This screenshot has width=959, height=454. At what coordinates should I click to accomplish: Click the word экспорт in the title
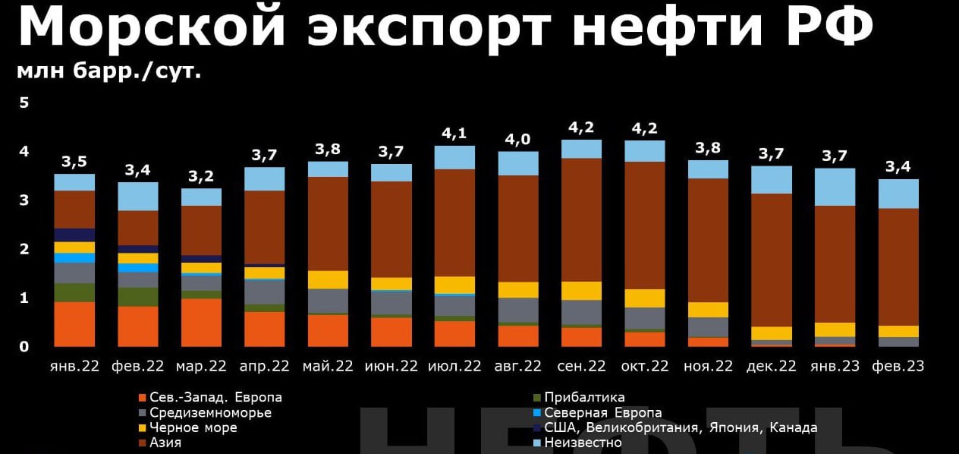pyautogui.click(x=429, y=28)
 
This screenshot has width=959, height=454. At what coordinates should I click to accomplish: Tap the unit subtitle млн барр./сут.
pyautogui.click(x=109, y=71)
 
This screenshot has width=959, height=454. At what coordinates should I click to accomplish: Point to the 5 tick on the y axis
pyautogui.click(x=24, y=102)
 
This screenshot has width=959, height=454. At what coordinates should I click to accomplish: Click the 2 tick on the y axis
pyautogui.click(x=24, y=249)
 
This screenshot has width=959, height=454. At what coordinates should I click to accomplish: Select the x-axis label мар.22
pyautogui.click(x=201, y=366)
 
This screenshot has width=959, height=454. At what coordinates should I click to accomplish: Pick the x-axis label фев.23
pyautogui.click(x=898, y=366)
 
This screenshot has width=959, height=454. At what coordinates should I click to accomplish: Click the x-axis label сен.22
pyautogui.click(x=581, y=366)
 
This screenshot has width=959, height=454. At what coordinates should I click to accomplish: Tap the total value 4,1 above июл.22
pyautogui.click(x=454, y=134)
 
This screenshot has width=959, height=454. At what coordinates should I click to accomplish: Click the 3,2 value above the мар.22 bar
pyautogui.click(x=201, y=176)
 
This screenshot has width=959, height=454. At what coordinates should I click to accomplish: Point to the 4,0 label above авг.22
pyautogui.click(x=518, y=139)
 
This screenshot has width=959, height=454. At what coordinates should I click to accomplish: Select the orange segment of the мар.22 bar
pyautogui.click(x=201, y=323)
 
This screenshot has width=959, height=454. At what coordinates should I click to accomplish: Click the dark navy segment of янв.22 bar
pyautogui.click(x=74, y=235)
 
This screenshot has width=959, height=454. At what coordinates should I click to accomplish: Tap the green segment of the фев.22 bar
pyautogui.click(x=138, y=297)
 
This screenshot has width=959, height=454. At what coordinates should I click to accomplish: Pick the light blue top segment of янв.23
pyautogui.click(x=835, y=188)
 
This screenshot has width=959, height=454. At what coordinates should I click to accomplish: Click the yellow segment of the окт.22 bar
pyautogui.click(x=645, y=298)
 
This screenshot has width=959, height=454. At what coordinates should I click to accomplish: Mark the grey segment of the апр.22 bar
pyautogui.click(x=265, y=292)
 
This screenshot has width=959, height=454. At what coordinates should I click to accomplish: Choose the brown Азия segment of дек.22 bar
pyautogui.click(x=772, y=260)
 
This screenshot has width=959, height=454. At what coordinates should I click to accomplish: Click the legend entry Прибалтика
pyautogui.click(x=579, y=398)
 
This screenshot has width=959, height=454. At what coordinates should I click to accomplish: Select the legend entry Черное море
pyautogui.click(x=188, y=427)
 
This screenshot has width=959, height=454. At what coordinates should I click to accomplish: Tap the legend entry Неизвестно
pyautogui.click(x=577, y=443)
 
